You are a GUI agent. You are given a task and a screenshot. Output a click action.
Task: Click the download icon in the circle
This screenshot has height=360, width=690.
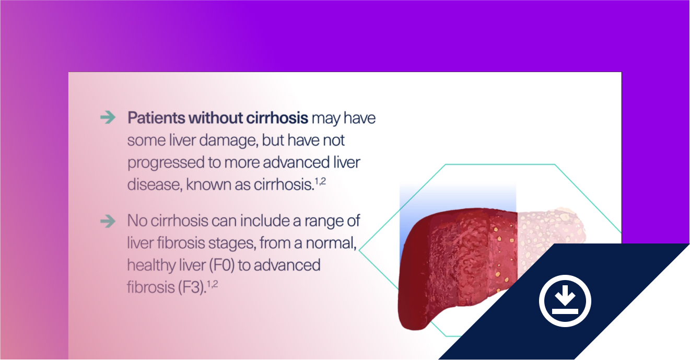coord(565,300)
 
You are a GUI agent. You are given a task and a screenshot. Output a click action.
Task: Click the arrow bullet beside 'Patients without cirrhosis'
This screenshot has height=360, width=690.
coord(108,118)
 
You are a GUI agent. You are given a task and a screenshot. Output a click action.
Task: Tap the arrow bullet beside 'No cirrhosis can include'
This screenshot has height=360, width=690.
coord(108,221)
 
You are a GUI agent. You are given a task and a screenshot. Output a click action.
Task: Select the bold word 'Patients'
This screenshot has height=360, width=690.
coord(156,118)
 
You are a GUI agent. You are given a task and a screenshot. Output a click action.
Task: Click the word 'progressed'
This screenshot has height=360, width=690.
coord(166,163)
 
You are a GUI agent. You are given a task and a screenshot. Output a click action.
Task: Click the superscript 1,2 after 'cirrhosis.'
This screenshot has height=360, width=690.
coord(320,181)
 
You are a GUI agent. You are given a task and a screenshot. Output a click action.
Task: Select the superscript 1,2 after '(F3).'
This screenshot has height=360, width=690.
coord(212,284)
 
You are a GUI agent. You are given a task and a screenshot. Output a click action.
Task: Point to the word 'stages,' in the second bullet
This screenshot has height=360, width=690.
coord(232,243)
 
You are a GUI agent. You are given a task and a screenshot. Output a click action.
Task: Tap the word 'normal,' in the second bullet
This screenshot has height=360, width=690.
coord(331,243)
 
